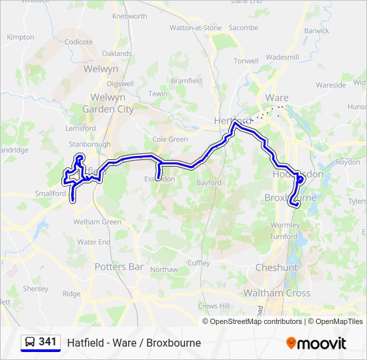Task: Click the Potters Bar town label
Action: click(119, 267)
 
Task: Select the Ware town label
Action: click(276, 98)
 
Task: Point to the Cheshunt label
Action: click(276, 267)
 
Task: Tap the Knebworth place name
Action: click(130, 16)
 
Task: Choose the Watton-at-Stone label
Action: click(195, 28)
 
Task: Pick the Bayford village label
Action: click(209, 182)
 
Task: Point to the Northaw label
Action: click(164, 270)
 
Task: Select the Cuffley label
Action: click(198, 263)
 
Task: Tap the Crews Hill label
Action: click(214, 305)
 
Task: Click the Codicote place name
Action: click(79, 42)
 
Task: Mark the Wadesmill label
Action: click(282, 57)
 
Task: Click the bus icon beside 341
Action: click(30, 343)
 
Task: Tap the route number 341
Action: click(47, 342)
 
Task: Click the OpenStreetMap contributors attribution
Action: click(256, 321)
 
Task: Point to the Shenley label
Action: click(35, 289)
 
